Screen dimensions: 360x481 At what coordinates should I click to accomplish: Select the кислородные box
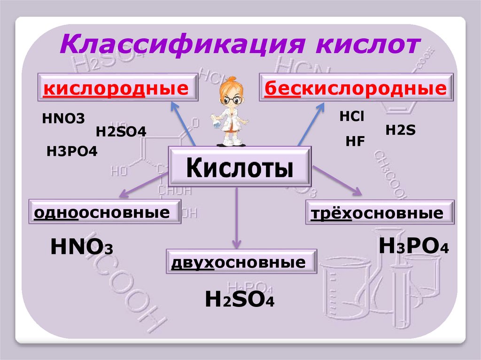[x=119, y=87]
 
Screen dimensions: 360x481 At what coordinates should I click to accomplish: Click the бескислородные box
[x=356, y=87]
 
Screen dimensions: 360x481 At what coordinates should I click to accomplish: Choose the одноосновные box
[x=104, y=213]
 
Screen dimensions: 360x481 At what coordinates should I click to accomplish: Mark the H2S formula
[x=400, y=130]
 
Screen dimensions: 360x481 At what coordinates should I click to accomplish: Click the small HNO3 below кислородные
[x=63, y=118]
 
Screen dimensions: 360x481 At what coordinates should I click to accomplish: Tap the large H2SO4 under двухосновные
[x=240, y=299]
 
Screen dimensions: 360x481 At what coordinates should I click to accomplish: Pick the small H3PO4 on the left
[x=72, y=151]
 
